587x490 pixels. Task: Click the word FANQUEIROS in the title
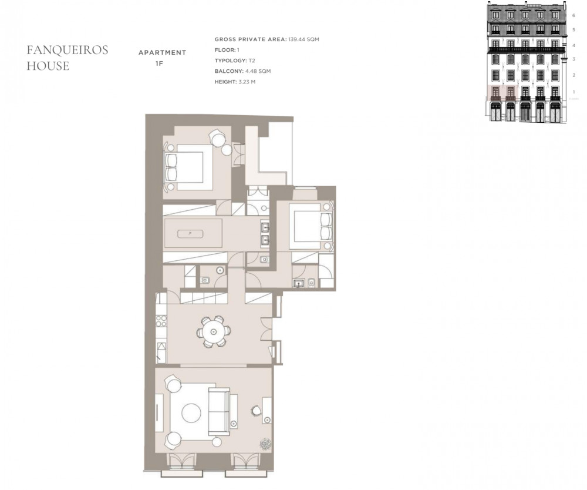tap(68, 50)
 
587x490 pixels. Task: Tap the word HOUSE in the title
tap(48, 66)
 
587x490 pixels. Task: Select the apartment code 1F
tap(160, 63)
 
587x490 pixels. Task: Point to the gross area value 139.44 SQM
tap(303, 39)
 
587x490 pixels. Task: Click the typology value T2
tap(252, 61)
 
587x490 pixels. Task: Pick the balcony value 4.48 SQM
tap(258, 71)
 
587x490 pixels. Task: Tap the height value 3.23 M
tap(247, 82)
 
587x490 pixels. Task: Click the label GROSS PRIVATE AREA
tap(251, 39)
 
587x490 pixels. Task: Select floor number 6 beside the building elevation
tap(573, 15)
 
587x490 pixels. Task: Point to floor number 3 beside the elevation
tap(573, 59)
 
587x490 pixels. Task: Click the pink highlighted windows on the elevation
tap(503, 93)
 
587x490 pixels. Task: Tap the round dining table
tap(214, 331)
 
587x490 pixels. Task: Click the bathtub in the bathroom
tap(191, 233)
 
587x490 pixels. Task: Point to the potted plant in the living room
tap(266, 444)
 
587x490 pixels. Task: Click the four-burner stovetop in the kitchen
tap(161, 321)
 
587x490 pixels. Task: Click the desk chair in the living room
tap(256, 410)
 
